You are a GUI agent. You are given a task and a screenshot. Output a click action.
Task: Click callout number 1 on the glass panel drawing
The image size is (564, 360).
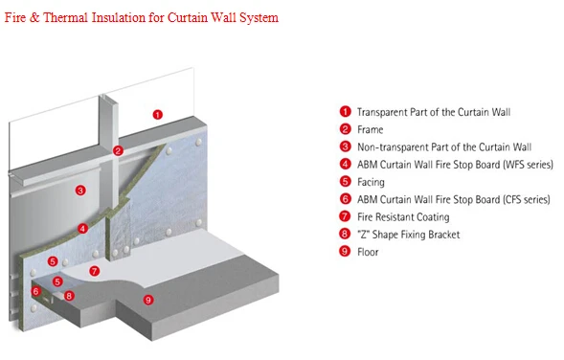[x=158, y=115]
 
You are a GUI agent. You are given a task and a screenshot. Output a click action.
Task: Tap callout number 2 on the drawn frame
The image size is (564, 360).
[x=118, y=151]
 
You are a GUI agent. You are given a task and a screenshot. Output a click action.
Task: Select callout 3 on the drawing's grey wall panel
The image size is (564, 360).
[x=80, y=191]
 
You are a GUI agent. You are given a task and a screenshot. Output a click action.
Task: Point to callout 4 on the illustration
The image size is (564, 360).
[x=82, y=229]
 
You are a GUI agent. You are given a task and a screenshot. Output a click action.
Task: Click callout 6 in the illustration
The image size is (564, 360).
[x=36, y=291]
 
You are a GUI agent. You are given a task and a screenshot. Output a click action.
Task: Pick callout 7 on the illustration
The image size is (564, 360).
[x=94, y=271]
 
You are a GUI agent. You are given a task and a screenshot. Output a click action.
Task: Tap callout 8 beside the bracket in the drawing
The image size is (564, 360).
[x=69, y=296]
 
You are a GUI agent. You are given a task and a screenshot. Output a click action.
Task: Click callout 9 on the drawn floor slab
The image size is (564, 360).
[x=148, y=300]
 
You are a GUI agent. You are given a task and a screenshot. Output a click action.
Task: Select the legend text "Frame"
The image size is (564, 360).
[x=371, y=129]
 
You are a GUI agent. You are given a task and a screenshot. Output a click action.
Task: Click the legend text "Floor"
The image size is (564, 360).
[x=368, y=252]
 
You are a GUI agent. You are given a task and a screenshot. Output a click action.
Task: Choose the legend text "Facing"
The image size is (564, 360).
[x=371, y=182]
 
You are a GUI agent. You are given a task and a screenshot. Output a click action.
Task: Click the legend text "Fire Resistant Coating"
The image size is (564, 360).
[x=403, y=217]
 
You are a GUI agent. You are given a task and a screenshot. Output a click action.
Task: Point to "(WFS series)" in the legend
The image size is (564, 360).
[x=529, y=165]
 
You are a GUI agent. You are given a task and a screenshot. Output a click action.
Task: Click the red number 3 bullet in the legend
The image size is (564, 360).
[x=345, y=146]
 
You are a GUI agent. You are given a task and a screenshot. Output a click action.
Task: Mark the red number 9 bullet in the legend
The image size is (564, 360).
[x=345, y=251]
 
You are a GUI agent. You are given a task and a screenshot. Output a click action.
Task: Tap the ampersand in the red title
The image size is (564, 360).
[x=34, y=17]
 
